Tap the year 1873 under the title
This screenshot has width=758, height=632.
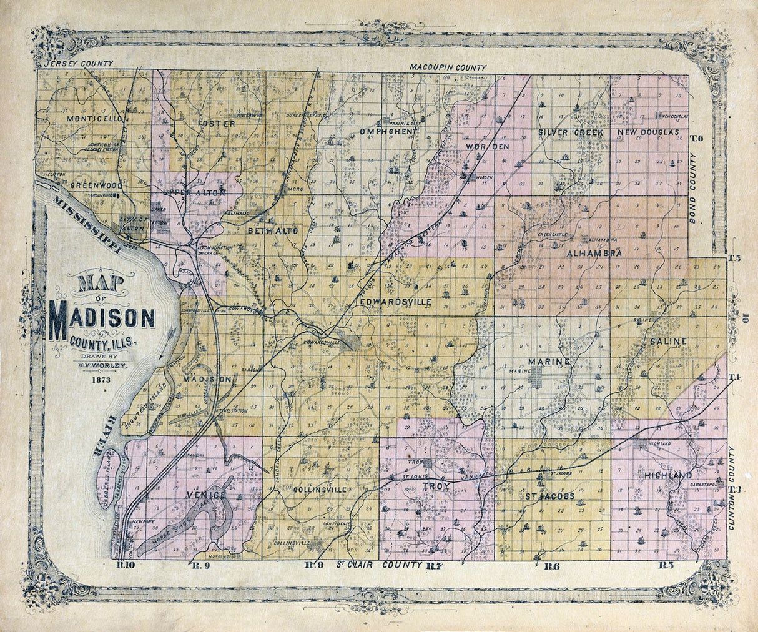point(101,379)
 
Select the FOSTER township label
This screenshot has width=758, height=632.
point(216,124)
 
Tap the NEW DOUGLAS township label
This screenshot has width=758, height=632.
point(647,133)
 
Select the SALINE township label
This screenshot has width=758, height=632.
point(668,342)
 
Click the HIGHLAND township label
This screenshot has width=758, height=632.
point(667,476)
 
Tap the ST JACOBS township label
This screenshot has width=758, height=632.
point(549,496)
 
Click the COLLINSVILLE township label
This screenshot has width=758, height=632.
point(320,490)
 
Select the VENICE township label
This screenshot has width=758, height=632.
point(205,495)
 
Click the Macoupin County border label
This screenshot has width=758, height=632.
point(448,67)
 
